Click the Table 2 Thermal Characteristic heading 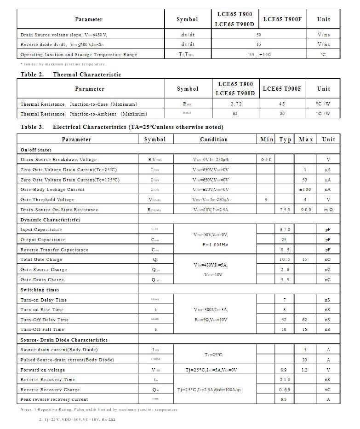pyautogui.click(x=71, y=74)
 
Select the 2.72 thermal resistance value pyautogui.click(x=236, y=104)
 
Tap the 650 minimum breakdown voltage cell pyautogui.click(x=267, y=160)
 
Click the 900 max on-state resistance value pyautogui.click(x=306, y=210)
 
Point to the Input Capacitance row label pyautogui.click(x=41, y=230)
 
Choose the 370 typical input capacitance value pyautogui.click(x=285, y=230)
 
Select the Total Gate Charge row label pyautogui.click(x=41, y=260)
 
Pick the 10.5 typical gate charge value pyautogui.click(x=285, y=260)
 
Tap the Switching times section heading pyautogui.click(x=40, y=290)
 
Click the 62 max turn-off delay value pyautogui.click(x=304, y=320)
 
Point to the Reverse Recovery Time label pyautogui.click(x=47, y=380)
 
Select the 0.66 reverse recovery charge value pyautogui.click(x=285, y=390)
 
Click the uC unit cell pyautogui.click(x=328, y=390)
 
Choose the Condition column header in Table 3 pyautogui.click(x=214, y=139)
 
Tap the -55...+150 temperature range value pyautogui.click(x=258, y=55)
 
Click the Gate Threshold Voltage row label pyautogui.click(x=47, y=200)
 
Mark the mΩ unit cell pyautogui.click(x=328, y=210)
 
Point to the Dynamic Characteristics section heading pyautogui.click(x=50, y=220)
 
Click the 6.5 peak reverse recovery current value pyautogui.click(x=284, y=400)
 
